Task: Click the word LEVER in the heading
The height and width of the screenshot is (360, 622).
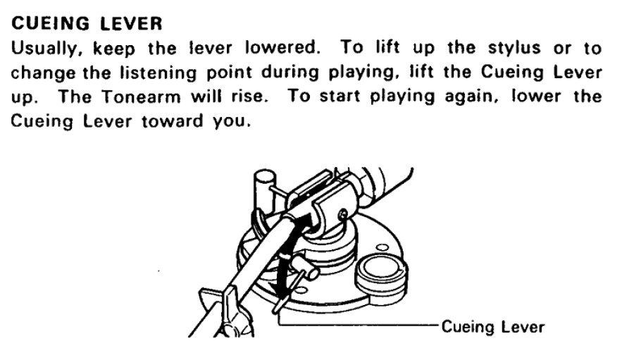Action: pyautogui.click(x=131, y=24)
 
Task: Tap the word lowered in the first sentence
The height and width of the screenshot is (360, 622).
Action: pyautogui.click(x=282, y=48)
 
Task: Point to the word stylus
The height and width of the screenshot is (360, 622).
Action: pyautogui.click(x=514, y=49)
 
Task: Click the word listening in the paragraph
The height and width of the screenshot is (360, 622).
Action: pyautogui.click(x=158, y=73)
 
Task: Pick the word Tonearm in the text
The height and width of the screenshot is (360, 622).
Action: pyautogui.click(x=141, y=97)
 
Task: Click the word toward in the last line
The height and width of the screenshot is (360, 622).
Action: pyautogui.click(x=172, y=121)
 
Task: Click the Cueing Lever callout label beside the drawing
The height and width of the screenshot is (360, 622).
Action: pyautogui.click(x=493, y=327)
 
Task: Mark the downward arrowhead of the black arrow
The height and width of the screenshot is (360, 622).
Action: pyautogui.click(x=280, y=293)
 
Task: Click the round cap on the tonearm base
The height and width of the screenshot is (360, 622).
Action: pyautogui.click(x=381, y=274)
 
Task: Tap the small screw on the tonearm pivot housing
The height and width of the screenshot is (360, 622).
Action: pyautogui.click(x=344, y=216)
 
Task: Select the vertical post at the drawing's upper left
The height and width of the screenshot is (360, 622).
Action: pyautogui.click(x=262, y=190)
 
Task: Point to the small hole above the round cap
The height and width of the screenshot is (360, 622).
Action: pyautogui.click(x=382, y=248)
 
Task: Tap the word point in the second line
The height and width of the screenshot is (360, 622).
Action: pyautogui.click(x=229, y=73)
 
